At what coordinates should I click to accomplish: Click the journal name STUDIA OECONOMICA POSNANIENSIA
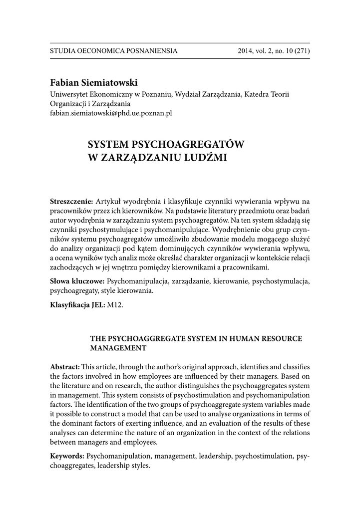pyautogui.click(x=114, y=51)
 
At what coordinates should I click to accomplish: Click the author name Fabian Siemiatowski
pyautogui.click(x=94, y=82)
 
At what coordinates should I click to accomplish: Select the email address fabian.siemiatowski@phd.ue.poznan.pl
pyautogui.click(x=111, y=113)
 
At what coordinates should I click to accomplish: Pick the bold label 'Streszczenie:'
pyautogui.click(x=72, y=202)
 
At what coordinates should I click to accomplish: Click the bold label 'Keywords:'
pyautogui.click(x=67, y=456)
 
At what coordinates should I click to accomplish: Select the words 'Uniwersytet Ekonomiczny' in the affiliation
pyautogui.click(x=89, y=94)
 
